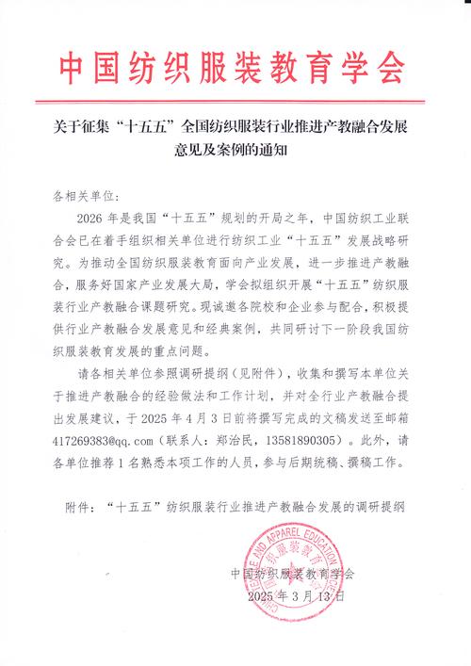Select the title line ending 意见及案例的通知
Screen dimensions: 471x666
point(235,148)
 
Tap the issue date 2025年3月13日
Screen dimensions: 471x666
point(296,596)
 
